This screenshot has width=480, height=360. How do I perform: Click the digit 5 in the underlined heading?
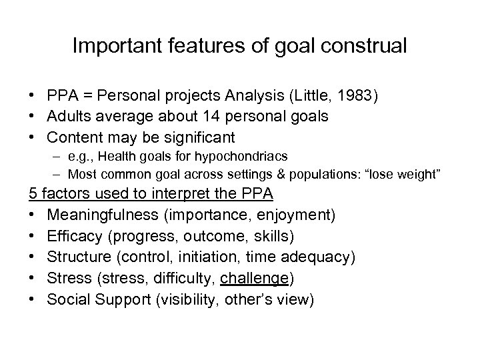coord(32,195)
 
